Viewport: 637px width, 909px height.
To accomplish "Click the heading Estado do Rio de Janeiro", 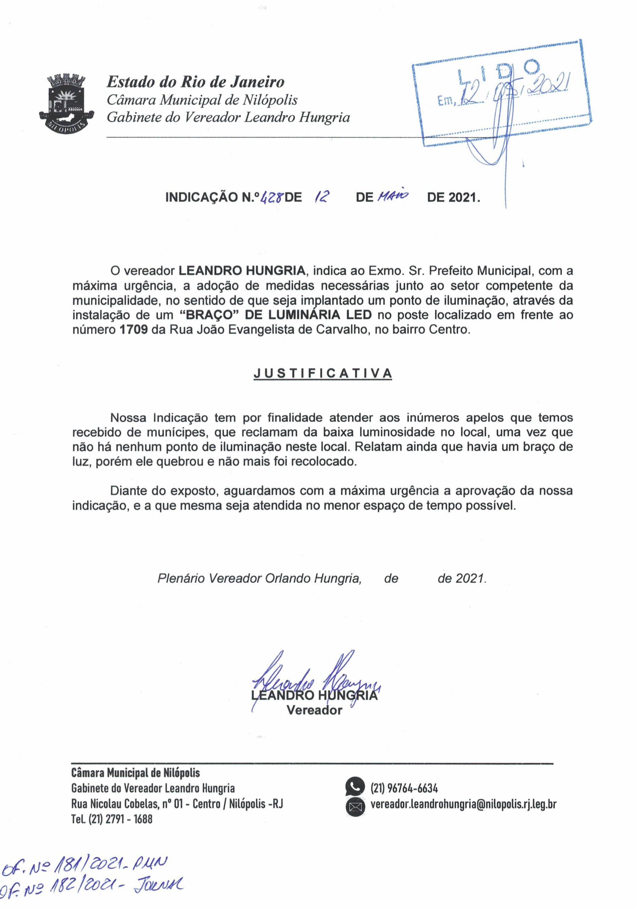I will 196,82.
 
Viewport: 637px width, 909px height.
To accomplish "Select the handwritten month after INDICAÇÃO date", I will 393,196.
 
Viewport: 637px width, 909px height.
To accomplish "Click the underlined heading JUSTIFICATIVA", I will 323,373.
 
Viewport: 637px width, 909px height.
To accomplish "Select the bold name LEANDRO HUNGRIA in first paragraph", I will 242,271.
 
